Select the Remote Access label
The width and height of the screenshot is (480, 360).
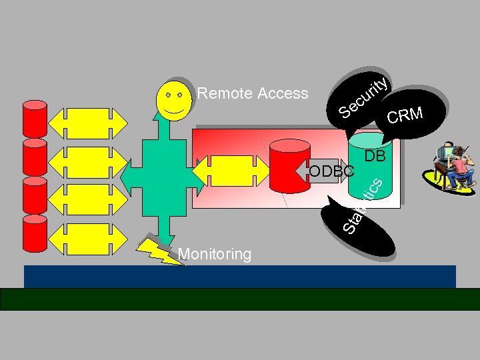click(x=253, y=93)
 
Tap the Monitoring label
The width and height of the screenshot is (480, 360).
click(x=215, y=254)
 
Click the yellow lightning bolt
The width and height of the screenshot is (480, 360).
click(x=160, y=250)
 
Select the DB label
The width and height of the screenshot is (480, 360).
click(x=375, y=156)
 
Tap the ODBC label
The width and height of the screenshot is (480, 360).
click(x=331, y=171)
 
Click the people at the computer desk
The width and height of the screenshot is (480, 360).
click(x=453, y=167)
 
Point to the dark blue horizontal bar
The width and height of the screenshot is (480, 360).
click(x=240, y=276)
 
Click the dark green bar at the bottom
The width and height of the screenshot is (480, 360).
click(x=240, y=299)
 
